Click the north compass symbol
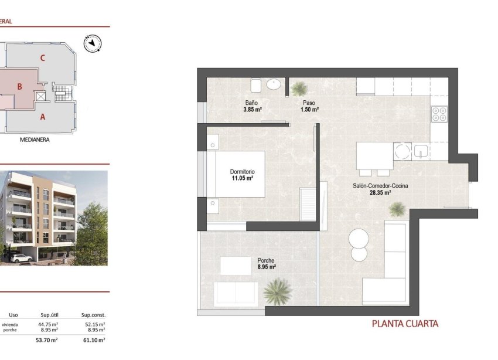click(93, 43)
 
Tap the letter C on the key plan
click(42, 58)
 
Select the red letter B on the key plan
click(19, 87)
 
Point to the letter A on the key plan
click(42, 117)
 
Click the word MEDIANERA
click(34, 140)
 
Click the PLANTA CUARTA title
click(405, 323)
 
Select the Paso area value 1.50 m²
click(309, 110)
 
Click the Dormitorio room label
click(241, 172)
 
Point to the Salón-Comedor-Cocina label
click(380, 186)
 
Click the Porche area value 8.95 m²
click(267, 267)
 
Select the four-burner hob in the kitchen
click(439, 114)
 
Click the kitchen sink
click(421, 152)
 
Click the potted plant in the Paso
click(299, 89)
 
